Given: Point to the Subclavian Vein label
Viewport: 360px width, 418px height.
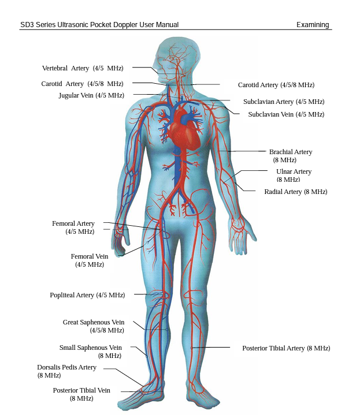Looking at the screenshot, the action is point(286,114).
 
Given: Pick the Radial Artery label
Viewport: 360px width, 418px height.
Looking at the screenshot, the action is point(295,192).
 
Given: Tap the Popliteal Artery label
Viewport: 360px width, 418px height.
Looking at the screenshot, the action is point(87,295).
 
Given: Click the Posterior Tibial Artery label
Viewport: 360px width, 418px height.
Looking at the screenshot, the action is point(286,348).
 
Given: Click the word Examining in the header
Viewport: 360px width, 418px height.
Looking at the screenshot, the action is point(313,25).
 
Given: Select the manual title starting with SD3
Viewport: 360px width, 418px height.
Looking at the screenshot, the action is point(99,25).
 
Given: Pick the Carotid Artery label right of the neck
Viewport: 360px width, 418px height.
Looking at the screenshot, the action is point(276,85).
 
